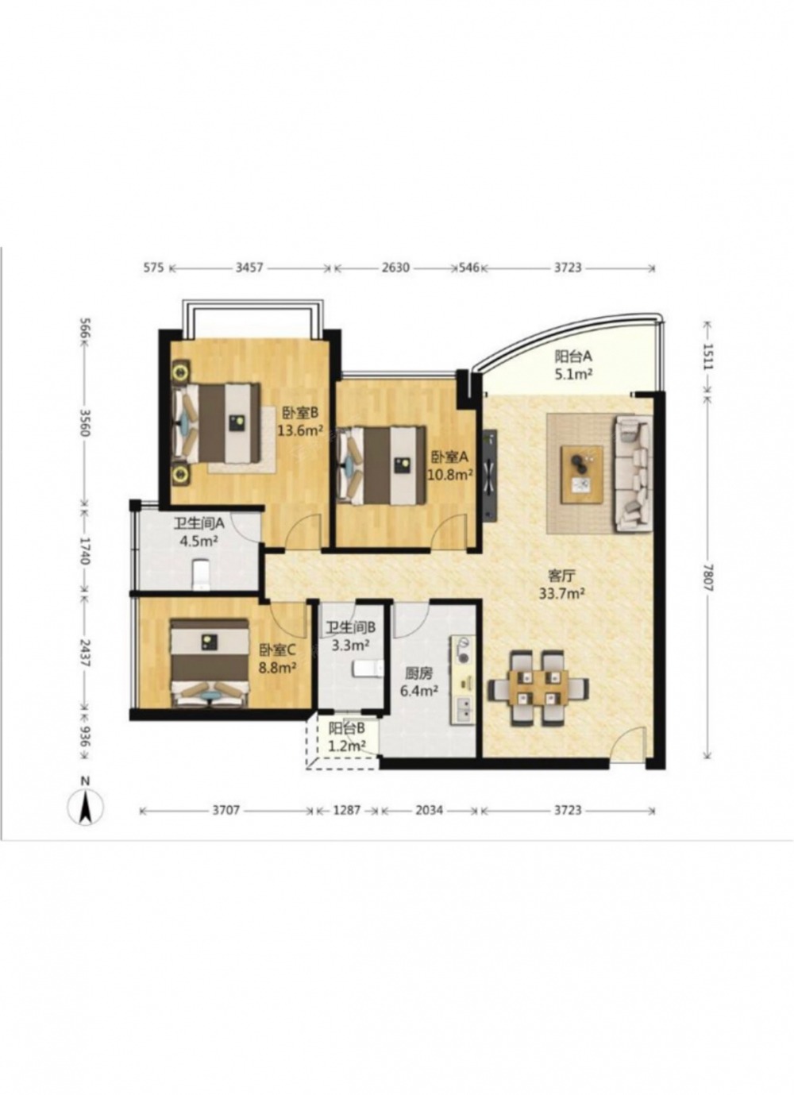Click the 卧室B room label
(x=300, y=413)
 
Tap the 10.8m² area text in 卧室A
(x=450, y=474)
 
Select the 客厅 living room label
(x=561, y=576)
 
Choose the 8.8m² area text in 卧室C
(x=278, y=667)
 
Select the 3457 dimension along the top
(x=250, y=268)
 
